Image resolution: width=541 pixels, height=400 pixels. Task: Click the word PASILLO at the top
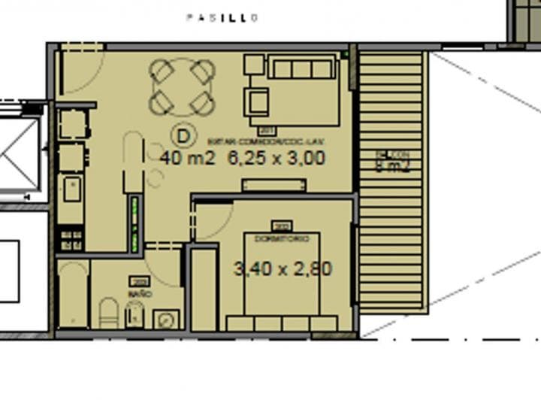click(x=222, y=17)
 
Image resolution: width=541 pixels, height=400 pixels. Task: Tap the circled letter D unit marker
click(x=182, y=136)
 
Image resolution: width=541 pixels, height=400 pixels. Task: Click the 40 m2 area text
click(x=188, y=158)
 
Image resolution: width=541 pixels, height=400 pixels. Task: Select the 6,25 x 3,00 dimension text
click(x=276, y=158)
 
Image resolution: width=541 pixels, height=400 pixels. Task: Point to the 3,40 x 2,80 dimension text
click(x=283, y=268)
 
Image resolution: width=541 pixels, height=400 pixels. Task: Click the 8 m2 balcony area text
click(x=392, y=167)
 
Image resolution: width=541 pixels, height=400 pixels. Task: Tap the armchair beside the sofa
click(x=257, y=100)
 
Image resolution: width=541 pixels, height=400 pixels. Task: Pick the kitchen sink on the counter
click(x=72, y=189)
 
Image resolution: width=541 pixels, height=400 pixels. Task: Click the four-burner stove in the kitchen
click(x=71, y=240)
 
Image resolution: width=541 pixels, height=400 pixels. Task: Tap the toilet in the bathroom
click(x=109, y=313)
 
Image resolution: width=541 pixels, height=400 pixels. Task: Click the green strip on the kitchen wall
click(x=135, y=223)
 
